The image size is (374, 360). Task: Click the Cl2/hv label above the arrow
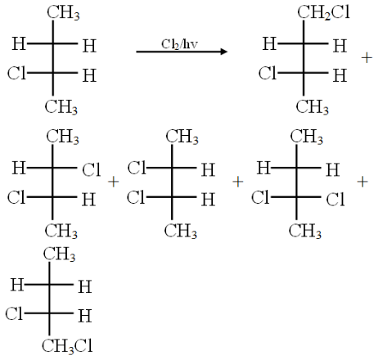pos(179,44)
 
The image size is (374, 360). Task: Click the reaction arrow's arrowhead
pos(224,52)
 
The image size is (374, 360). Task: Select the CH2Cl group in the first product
pos(323,12)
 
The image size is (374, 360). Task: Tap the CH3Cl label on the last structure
pos(67,346)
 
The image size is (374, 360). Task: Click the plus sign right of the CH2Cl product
pos(367,58)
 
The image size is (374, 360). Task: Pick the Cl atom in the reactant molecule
pos(16,74)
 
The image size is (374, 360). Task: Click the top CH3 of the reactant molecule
pos(63,13)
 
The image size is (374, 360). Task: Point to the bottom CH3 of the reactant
pos(61,106)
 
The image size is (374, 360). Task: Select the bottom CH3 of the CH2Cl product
pos(313,106)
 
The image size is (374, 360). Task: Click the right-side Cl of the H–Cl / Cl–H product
pos(92,169)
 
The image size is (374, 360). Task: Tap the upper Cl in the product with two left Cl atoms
pos(137,168)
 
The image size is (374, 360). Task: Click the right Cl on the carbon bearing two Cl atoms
pos(336,199)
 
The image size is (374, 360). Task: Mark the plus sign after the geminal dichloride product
pos(363,182)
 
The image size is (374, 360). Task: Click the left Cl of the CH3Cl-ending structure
pos(14,313)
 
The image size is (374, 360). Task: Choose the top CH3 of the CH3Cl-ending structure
pos(59,254)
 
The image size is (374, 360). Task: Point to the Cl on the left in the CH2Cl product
pos(268,74)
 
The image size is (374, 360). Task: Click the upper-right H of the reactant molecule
pos(89,46)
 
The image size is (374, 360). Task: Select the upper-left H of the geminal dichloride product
pos(264,168)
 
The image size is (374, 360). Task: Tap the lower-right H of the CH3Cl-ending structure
pos(85,316)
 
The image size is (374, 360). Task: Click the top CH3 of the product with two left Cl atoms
pos(182,136)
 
